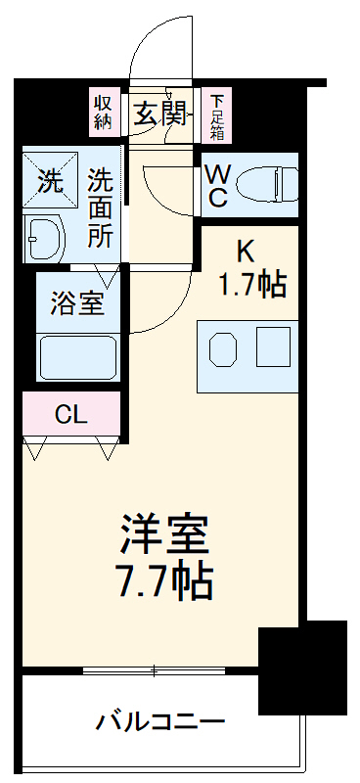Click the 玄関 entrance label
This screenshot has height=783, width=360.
160,115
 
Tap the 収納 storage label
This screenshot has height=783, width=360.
104,114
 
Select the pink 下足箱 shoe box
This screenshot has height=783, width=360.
215,115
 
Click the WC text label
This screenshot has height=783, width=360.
218,185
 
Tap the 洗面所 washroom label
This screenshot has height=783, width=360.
101,207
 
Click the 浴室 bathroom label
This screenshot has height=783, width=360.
77,303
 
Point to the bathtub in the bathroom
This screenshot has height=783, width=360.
78,356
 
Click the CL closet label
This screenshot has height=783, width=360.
70,414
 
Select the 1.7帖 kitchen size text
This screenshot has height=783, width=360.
250,285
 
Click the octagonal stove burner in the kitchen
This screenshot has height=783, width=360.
223,347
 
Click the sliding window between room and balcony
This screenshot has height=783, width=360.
157,671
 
